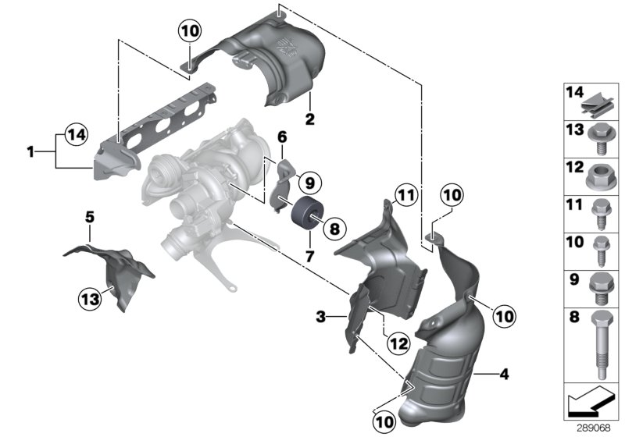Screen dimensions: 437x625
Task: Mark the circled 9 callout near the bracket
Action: [x=309, y=184]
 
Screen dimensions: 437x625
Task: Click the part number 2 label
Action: [x=310, y=121]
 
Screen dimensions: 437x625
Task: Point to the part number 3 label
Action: [x=320, y=317]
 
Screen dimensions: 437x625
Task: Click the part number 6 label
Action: [x=282, y=137]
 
